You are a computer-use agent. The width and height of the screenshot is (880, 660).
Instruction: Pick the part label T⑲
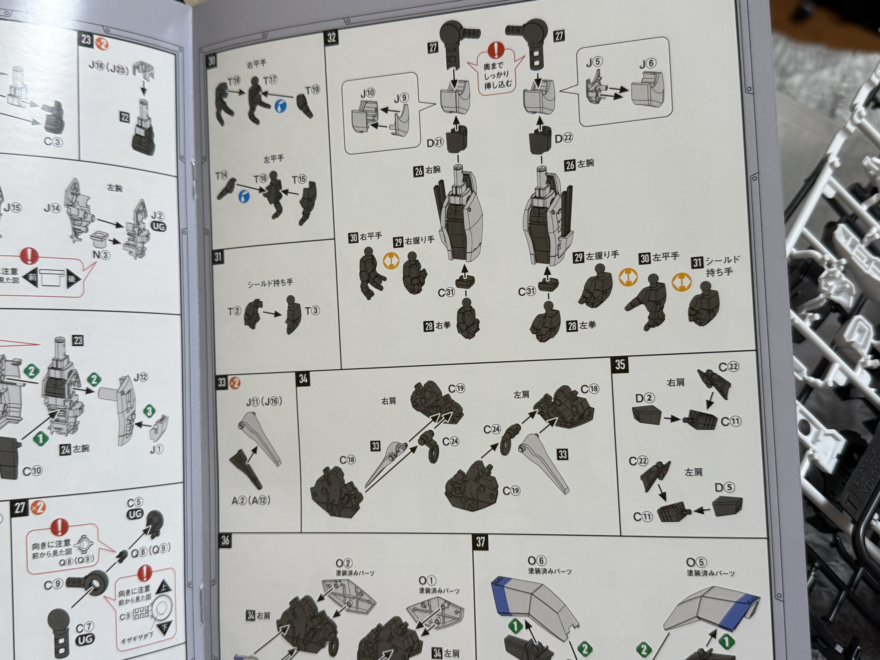point(313,90)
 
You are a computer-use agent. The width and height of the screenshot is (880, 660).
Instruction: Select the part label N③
point(101,255)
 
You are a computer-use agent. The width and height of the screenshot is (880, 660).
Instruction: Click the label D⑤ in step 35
point(724,487)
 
